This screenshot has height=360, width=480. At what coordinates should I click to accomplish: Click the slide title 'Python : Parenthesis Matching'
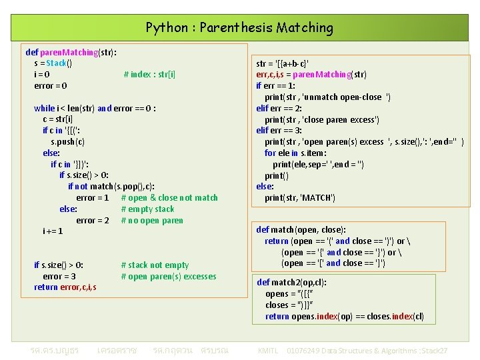239,28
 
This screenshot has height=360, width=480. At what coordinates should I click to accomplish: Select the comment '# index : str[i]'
150,74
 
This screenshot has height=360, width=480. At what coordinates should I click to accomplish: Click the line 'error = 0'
51,85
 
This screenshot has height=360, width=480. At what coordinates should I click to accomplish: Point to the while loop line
95,108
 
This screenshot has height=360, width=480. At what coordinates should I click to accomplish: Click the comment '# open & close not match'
169,198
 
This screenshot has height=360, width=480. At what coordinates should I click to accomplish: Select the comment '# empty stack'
147,209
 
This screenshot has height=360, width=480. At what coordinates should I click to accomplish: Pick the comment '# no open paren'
152,221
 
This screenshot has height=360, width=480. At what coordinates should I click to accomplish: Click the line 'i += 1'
53,231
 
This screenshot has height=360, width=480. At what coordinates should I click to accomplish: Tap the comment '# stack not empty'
155,265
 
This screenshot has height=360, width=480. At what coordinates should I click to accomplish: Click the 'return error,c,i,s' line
65,287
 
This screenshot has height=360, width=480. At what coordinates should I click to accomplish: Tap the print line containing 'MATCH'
300,198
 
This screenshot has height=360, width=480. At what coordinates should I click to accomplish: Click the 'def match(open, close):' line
301,230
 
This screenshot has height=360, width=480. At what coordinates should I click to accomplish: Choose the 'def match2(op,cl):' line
292,283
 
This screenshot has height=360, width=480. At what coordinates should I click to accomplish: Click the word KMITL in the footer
268,350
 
